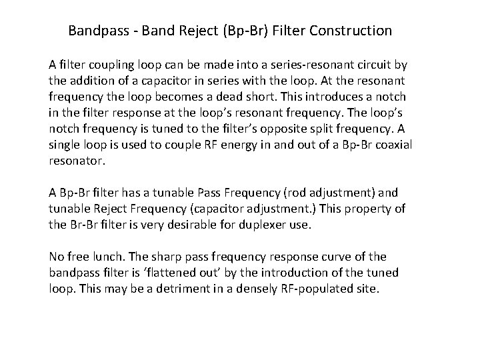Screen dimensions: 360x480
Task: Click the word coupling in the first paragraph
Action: click(107, 65)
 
